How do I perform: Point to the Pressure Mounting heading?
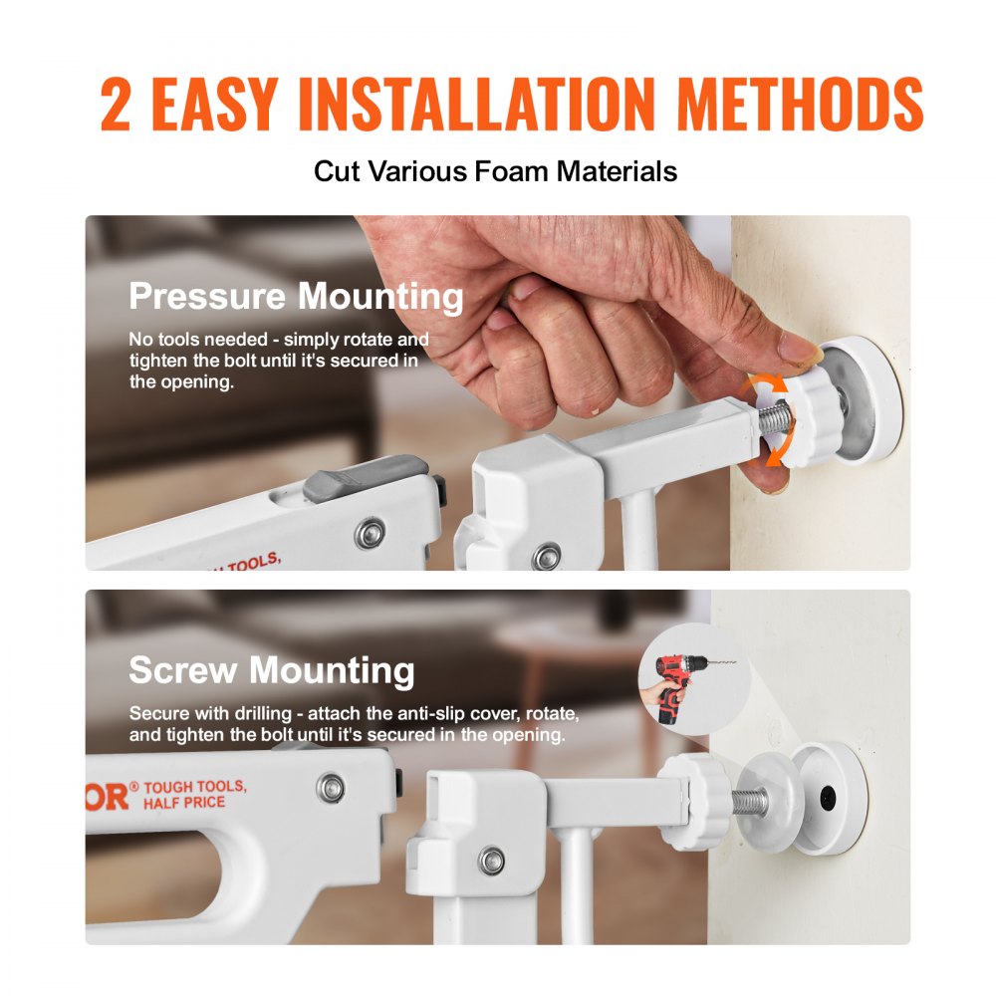[x=296, y=297]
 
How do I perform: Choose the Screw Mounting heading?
[x=271, y=670]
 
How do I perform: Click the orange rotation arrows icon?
[x=770, y=420]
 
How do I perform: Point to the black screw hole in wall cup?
[x=826, y=797]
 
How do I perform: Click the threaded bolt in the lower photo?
[x=749, y=800]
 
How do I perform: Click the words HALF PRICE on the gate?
[x=185, y=802]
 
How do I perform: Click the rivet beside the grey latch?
[x=371, y=535]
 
